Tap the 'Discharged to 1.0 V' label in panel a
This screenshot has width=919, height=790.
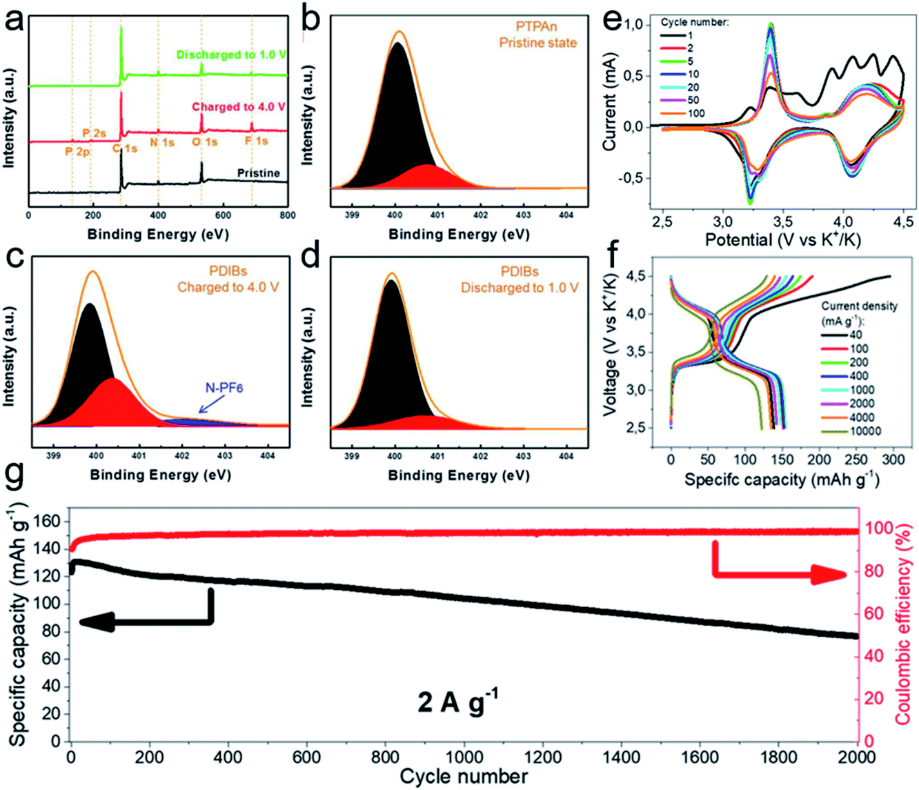230,55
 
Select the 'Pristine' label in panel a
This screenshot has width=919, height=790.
259,172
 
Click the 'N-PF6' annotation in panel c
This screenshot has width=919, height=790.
224,388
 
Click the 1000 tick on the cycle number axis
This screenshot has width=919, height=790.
464,758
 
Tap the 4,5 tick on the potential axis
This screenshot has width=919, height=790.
903,221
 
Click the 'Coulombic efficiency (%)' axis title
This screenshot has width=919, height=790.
904,624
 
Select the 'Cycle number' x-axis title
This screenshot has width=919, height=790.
464,777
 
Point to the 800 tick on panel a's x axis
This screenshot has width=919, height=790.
287,215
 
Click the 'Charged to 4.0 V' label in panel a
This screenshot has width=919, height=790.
238,107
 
